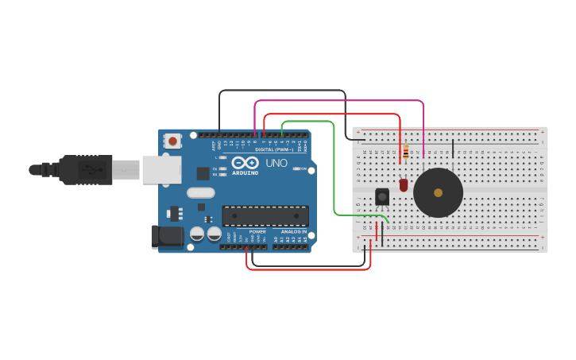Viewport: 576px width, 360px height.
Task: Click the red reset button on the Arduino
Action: [172, 141]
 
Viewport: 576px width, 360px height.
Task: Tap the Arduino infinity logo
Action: [245, 162]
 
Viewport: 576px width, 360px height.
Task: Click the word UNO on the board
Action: [276, 163]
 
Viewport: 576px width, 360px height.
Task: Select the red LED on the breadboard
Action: [404, 185]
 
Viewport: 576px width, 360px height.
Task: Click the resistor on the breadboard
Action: [406, 151]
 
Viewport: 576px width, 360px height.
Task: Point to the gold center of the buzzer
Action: [438, 192]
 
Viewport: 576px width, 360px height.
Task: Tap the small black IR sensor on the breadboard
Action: [382, 197]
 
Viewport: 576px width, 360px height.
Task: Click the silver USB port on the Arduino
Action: [161, 169]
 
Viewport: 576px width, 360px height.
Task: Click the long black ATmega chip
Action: [265, 216]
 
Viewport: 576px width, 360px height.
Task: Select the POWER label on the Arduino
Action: [257, 231]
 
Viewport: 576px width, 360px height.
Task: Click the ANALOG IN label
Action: [293, 231]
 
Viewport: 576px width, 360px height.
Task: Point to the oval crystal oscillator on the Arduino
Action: [201, 192]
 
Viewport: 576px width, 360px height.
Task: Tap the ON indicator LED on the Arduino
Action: [296, 168]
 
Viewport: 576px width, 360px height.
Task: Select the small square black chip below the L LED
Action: [203, 172]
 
